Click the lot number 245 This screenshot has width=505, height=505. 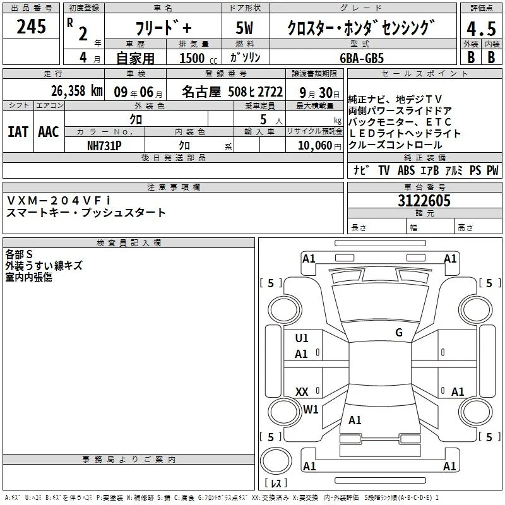click(31, 26)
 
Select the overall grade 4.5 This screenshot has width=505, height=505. click(481, 28)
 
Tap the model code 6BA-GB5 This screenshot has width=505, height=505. click(362, 58)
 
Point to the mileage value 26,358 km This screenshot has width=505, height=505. click(76, 91)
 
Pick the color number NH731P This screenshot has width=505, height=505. click(104, 146)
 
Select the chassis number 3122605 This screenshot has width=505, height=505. click(424, 200)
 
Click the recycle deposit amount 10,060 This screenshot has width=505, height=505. click(315, 145)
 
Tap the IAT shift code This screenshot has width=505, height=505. click(18, 132)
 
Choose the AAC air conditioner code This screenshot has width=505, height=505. click(49, 132)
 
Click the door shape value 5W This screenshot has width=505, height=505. click(244, 28)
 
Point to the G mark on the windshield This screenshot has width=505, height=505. click(399, 332)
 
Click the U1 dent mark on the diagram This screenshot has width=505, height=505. click(302, 338)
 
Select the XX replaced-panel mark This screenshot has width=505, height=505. click(302, 391)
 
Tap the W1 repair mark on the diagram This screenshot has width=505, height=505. click(311, 409)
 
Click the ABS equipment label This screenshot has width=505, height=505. click(406, 170)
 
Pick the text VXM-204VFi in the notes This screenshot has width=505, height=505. click(58, 200)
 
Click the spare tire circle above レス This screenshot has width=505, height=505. click(276, 461)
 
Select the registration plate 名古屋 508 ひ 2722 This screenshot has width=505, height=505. click(232, 92)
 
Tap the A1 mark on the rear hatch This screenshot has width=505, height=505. click(355, 420)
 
